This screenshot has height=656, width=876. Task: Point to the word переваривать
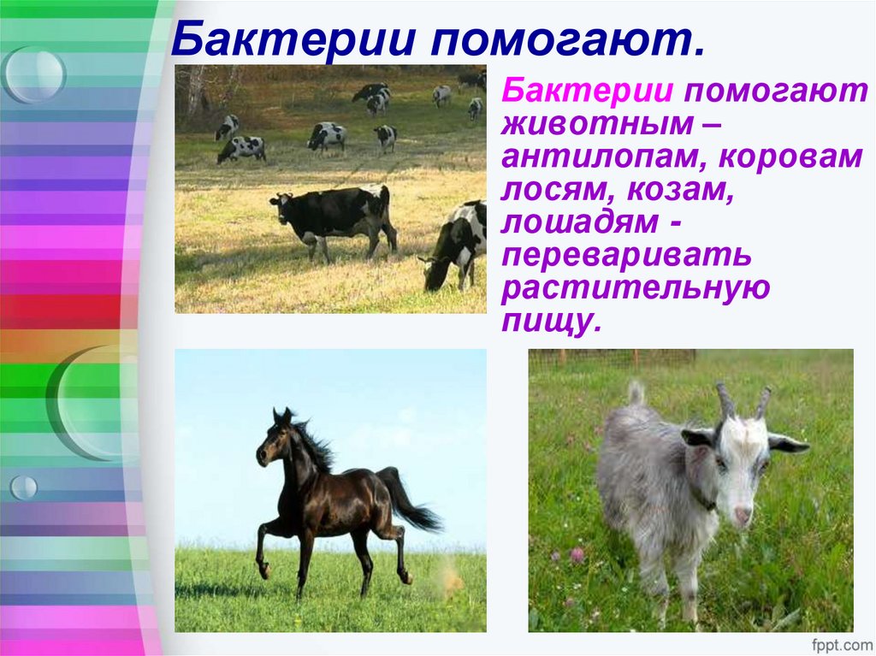627,257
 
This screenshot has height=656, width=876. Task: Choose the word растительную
636,288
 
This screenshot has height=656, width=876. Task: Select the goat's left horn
725,399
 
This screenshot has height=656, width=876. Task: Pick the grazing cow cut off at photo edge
458,245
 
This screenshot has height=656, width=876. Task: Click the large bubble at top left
34,74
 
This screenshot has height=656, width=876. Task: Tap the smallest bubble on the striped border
23,488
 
